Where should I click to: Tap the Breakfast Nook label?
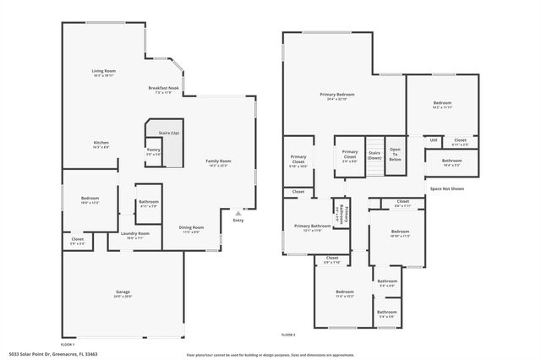162,88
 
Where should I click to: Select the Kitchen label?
101,143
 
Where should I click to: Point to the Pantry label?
153,150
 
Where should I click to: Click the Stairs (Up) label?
169,133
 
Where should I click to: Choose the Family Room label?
219,161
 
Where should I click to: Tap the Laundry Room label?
134,233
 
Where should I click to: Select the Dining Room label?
191,227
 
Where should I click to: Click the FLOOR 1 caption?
67,344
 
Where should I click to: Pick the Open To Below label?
395,154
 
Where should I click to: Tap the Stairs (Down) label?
374,155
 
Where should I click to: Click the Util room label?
433,140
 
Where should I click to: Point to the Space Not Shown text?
446,188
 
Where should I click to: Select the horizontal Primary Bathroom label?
312,226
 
